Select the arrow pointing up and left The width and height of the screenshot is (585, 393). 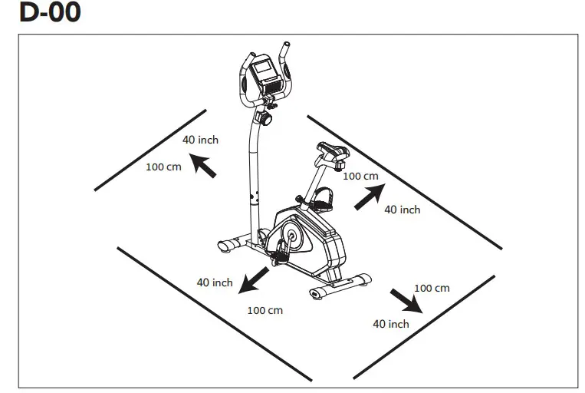(203, 163)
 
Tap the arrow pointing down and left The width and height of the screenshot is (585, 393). (254, 280)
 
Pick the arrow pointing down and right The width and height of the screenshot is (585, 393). (406, 301)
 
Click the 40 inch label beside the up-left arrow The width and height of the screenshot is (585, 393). (200, 140)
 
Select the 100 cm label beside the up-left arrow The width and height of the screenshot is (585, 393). (164, 167)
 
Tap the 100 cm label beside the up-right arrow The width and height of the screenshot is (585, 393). (360, 176)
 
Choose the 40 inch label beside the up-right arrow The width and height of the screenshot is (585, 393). (402, 210)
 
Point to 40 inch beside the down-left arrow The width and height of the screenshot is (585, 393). (215, 282)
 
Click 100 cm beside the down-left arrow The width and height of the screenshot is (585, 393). (265, 310)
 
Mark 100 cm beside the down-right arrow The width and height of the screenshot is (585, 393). (432, 288)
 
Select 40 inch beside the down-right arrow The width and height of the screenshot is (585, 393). (391, 324)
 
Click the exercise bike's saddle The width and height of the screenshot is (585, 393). (330, 150)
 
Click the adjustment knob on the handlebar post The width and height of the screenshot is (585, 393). (266, 120)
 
